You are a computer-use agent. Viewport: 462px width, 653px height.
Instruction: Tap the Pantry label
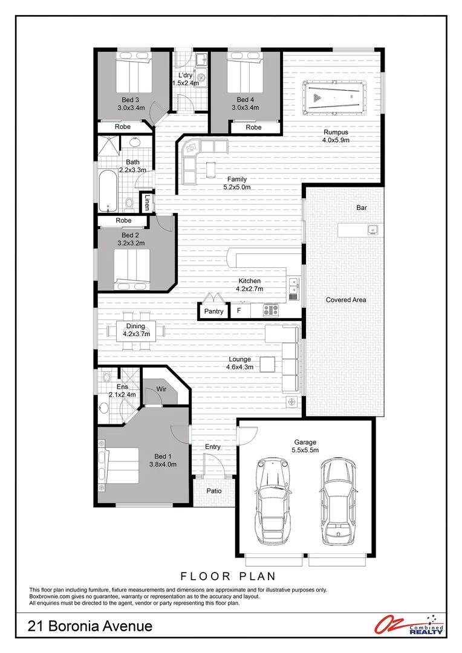pyautogui.click(x=213, y=312)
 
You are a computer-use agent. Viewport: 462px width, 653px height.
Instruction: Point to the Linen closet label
pyautogui.click(x=147, y=203)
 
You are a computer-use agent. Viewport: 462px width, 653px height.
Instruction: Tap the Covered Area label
pyautogui.click(x=346, y=300)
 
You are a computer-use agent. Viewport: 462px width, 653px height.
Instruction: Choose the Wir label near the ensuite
pyautogui.click(x=161, y=389)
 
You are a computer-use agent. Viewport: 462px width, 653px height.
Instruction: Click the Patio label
pyautogui.click(x=214, y=491)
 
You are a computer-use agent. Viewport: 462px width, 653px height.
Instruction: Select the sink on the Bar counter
pyautogui.click(x=373, y=229)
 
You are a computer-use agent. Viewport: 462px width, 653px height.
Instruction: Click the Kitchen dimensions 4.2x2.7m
pyautogui.click(x=249, y=289)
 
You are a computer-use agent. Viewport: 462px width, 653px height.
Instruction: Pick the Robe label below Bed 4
pyautogui.click(x=253, y=128)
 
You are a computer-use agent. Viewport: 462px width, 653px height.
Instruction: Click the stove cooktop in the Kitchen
pyautogui.click(x=271, y=311)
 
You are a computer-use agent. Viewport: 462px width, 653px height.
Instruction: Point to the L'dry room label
pyautogui.click(x=185, y=75)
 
